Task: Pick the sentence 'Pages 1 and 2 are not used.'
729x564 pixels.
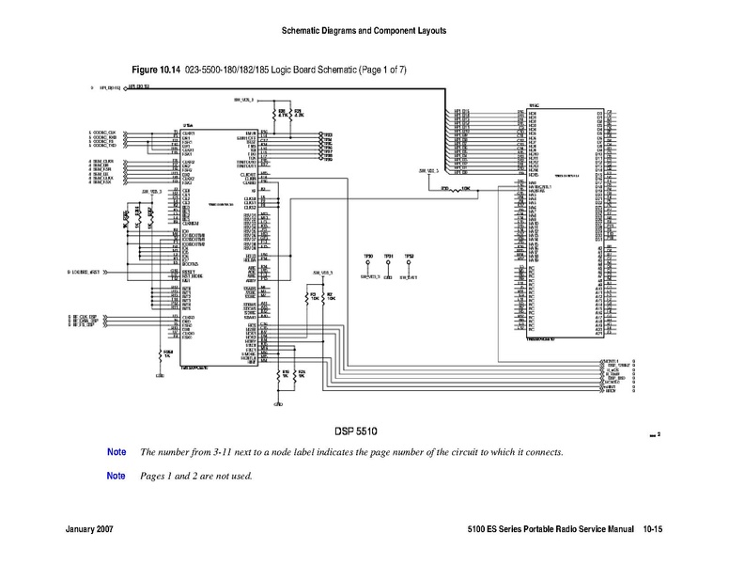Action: [x=196, y=476]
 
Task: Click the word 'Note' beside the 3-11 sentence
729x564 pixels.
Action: [x=116, y=452]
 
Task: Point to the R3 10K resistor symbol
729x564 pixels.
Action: [x=313, y=297]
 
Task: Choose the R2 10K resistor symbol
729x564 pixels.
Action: [x=329, y=297]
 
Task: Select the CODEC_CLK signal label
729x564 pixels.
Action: [x=102, y=133]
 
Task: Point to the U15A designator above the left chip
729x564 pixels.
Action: [x=187, y=126]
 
